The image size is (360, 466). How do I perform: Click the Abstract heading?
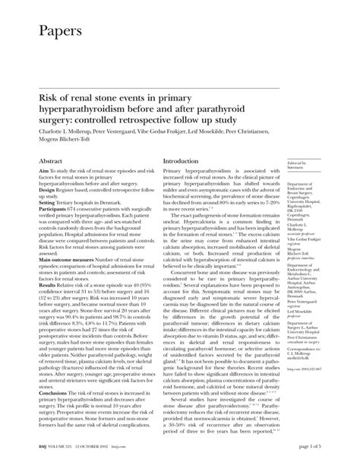(51, 162)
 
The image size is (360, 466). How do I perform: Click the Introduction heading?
(186, 162)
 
